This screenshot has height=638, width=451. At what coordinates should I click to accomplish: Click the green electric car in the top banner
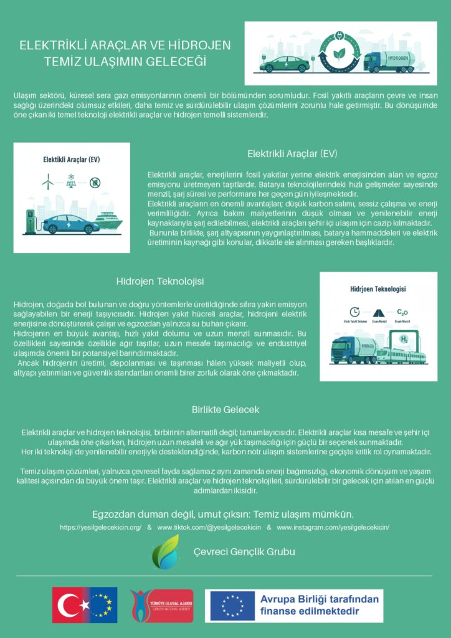286,63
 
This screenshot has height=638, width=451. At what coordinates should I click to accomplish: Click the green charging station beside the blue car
30,222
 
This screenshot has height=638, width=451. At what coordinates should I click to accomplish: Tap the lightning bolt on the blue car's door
70,223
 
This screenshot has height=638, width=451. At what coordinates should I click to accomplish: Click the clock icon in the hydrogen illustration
354,312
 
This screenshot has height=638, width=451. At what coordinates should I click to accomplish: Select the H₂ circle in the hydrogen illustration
404,339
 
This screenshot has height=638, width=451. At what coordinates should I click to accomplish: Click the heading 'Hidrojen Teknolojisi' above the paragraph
160,282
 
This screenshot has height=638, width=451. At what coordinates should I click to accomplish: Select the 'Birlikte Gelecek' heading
225,410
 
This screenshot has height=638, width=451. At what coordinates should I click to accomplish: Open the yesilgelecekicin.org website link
101,528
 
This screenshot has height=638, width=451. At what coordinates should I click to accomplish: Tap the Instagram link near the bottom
333,528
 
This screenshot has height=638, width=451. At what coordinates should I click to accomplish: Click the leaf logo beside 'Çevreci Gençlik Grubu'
166,551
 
